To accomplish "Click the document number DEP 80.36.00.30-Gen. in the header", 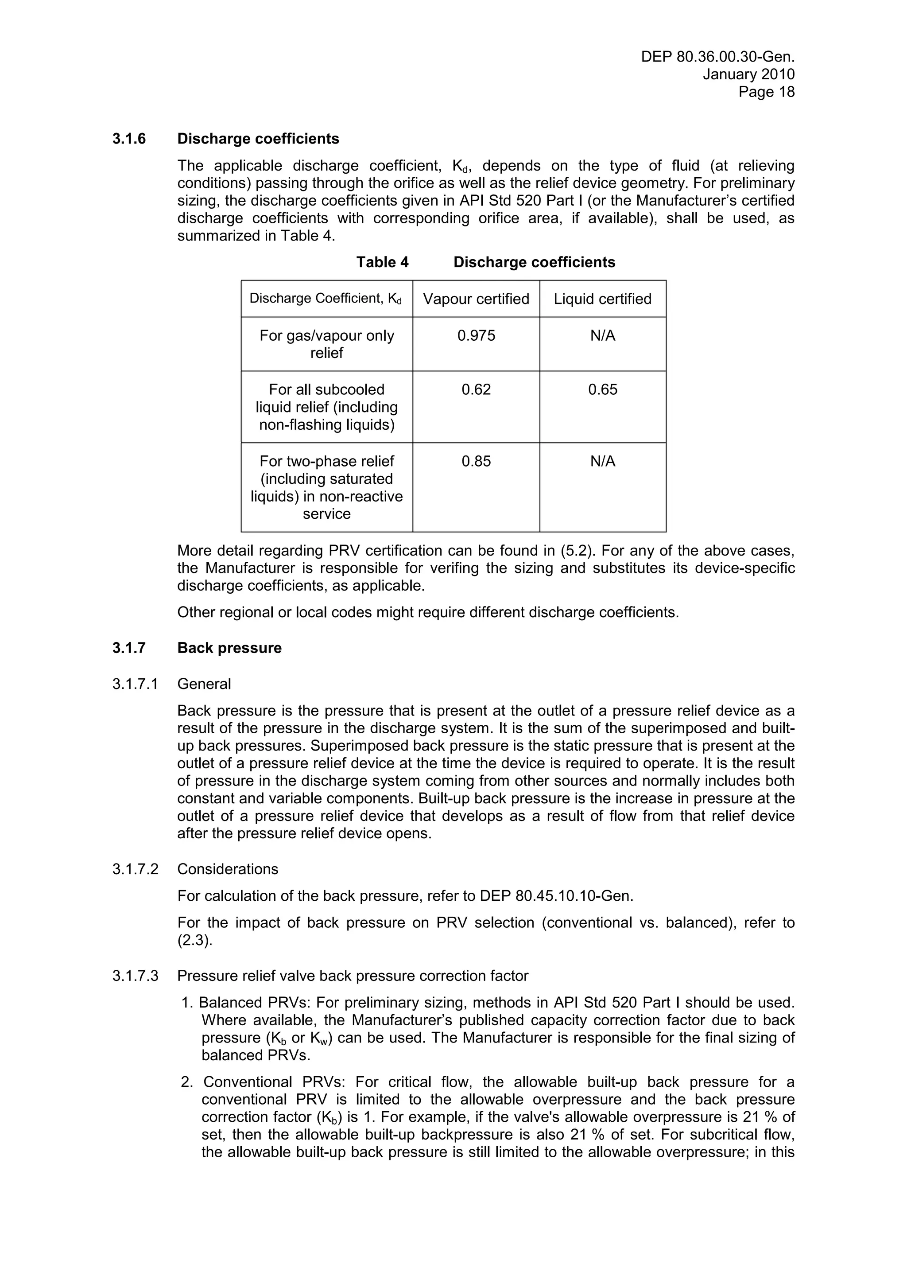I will [717, 57].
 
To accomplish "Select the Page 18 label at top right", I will [766, 92].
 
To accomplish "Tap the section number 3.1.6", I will [129, 139].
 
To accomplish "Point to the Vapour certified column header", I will [476, 299].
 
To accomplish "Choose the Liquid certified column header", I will [602, 299].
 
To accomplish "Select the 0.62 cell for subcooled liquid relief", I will [476, 390].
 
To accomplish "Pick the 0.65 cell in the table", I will [602, 390].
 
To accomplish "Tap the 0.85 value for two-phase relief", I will [476, 461].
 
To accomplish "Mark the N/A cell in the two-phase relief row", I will [602, 461].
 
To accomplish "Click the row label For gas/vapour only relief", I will [326, 344].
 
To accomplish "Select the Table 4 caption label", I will [382, 262].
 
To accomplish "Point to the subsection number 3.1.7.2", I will [135, 869].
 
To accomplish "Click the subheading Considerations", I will [228, 869].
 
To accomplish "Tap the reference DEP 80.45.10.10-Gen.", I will [556, 896].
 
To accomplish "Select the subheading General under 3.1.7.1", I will [204, 684].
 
